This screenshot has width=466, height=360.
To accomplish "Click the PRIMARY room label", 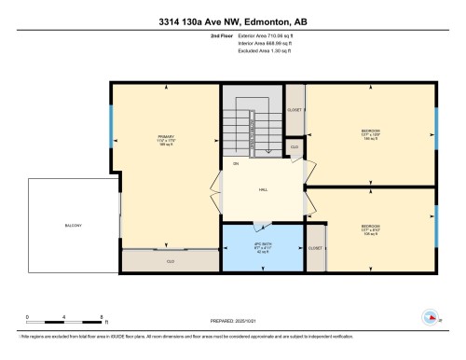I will tap(166, 140).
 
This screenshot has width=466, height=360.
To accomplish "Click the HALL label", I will tap(264, 187).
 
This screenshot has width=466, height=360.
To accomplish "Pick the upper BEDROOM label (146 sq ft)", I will tap(371, 134).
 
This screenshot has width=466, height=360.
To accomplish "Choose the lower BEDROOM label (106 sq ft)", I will tap(371, 228).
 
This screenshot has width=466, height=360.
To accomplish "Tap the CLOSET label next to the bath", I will tap(315, 248).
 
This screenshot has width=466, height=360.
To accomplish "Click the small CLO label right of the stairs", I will tap(295, 147).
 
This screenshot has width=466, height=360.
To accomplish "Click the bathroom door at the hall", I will tap(262, 222).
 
